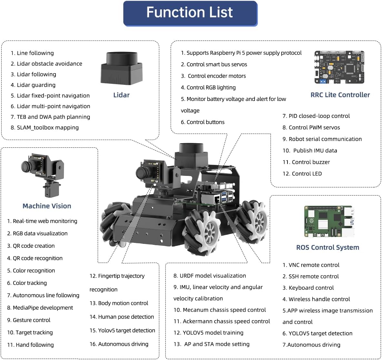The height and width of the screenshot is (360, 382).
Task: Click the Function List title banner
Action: pyautogui.click(x=190, y=13)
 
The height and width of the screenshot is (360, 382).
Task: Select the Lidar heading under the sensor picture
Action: pyautogui.click(x=121, y=95)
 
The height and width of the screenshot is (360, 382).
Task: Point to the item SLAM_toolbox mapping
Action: pyautogui.click(x=45, y=127)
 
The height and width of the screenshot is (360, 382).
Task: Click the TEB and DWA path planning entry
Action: pyautogui.click(x=50, y=117)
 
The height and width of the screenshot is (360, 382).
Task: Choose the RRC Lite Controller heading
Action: pyautogui.click(x=340, y=95)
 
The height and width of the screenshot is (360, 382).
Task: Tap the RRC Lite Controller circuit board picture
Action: pyautogui.click(x=339, y=67)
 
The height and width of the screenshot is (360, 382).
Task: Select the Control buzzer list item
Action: pyautogui.click(x=306, y=162)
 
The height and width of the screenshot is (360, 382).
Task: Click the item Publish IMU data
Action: pyautogui.click(x=310, y=150)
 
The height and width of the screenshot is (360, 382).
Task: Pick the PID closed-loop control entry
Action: pyautogui.click(x=316, y=116)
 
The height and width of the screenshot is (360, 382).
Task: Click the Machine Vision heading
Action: pyautogui.click(x=47, y=206)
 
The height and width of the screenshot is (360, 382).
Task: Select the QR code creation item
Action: pyautogui.click(x=31, y=246)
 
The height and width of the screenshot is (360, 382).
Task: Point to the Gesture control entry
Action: pyautogui.click(x=29, y=320)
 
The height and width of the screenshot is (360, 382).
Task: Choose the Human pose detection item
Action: pyautogui.click(x=122, y=317)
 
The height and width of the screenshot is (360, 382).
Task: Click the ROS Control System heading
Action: pyautogui.click(x=327, y=247)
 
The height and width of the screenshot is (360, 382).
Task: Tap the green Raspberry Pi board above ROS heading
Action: pyautogui.click(x=329, y=221)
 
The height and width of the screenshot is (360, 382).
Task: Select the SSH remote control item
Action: pyautogui.click(x=310, y=276)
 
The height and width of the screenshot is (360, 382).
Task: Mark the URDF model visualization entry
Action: pyautogui.click(x=210, y=275)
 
